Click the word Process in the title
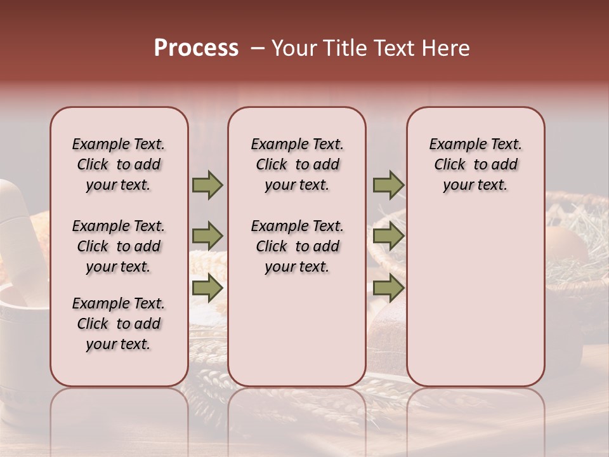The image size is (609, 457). pos(196,48)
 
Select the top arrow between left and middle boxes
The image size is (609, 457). pos(207,185)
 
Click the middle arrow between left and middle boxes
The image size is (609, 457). pos(207,237)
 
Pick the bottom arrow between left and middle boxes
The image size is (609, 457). pos(207,288)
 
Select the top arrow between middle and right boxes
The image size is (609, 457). pos(388,185)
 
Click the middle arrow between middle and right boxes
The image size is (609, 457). pos(388,237)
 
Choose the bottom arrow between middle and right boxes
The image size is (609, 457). pos(388,288)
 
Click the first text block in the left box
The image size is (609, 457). pos(119,164)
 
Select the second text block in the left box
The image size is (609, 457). pos(119,246)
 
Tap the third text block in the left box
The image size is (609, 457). pos(119,324)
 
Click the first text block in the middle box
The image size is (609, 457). pos(297,164)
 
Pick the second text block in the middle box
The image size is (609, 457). pos(297,246)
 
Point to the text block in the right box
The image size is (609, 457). pos(475,164)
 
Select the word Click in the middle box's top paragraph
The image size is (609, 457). pos(272,165)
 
